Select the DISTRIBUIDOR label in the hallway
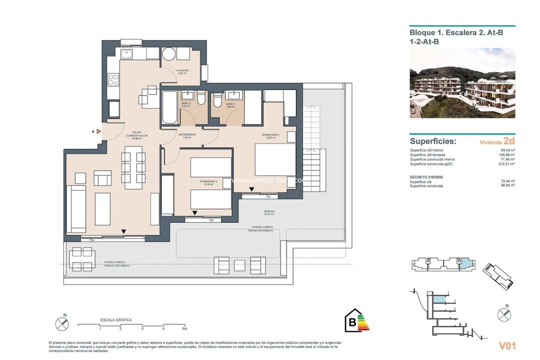[187, 135]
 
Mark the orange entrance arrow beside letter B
[99, 131]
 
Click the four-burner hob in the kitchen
[113, 79]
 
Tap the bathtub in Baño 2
[169, 107]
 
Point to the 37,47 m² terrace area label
[269, 213]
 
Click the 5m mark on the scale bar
[184, 328]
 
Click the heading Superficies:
[433, 141]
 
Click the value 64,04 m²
[507, 149]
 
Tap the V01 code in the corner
[507, 345]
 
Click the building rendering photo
[462, 83]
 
